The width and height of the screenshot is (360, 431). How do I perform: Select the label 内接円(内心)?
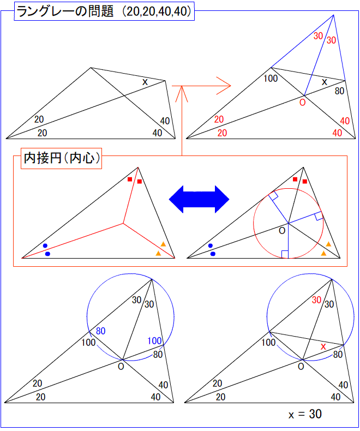(x=61, y=159)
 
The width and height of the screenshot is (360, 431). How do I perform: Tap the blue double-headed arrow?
(x=199, y=199)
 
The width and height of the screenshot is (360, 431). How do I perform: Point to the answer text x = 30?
(x=305, y=414)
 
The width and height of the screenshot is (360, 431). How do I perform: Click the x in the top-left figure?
(x=145, y=82)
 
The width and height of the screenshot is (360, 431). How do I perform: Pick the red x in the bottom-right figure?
(x=323, y=346)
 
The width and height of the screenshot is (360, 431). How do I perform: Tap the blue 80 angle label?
(x=101, y=331)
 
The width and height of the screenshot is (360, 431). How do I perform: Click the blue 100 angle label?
(x=154, y=341)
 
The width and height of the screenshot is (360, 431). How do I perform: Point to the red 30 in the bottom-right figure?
(x=316, y=300)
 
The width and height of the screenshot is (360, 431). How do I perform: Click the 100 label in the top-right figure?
(x=271, y=78)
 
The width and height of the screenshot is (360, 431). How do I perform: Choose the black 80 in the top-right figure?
(x=339, y=91)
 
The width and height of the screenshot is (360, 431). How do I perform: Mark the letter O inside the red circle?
(x=281, y=231)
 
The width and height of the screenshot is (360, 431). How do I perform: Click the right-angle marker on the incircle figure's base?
(x=285, y=254)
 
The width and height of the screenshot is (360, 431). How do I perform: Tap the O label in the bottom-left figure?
(x=121, y=366)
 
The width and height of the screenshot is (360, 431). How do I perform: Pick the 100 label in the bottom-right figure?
(x=268, y=343)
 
